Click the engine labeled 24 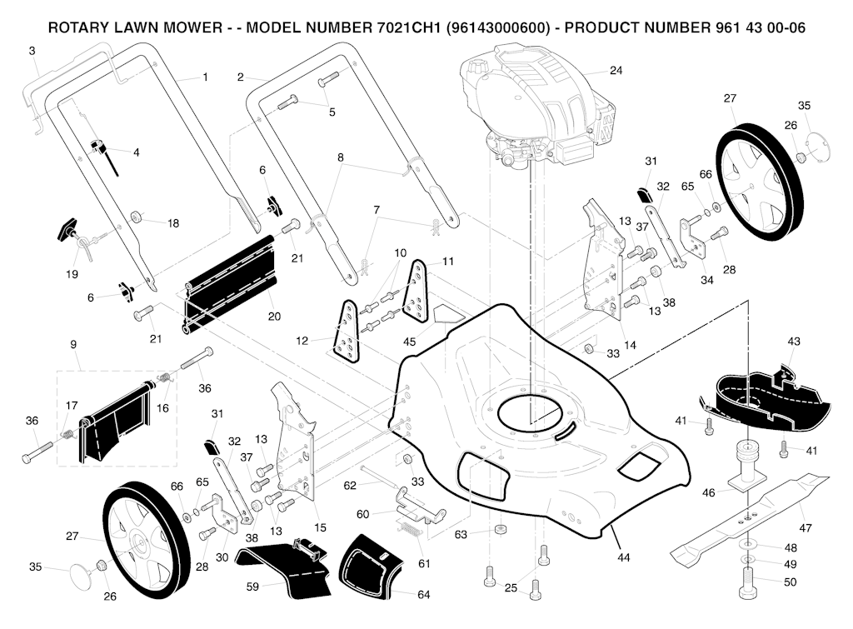click(x=533, y=108)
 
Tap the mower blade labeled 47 click(x=750, y=517)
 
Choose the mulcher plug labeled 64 click(x=372, y=567)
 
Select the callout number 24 click(x=616, y=71)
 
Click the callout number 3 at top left click(x=32, y=51)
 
